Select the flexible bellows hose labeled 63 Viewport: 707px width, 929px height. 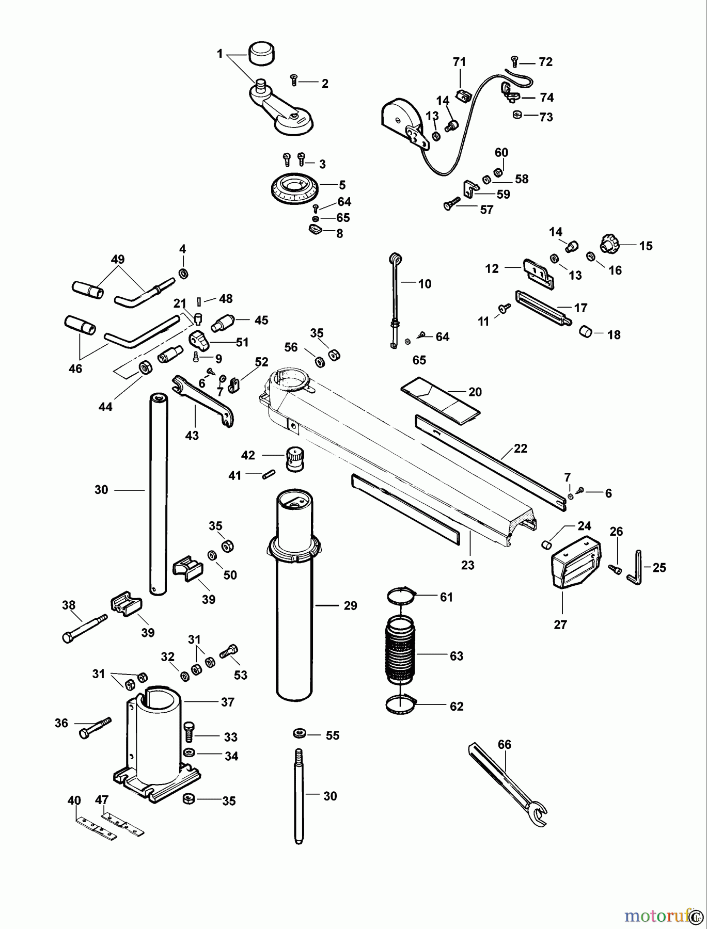(x=400, y=655)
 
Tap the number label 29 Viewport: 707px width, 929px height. (x=350, y=605)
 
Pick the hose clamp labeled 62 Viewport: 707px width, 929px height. (x=401, y=706)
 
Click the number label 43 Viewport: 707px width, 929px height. (x=192, y=436)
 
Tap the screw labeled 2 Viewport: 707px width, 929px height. (x=293, y=79)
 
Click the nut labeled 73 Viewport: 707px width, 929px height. (x=517, y=115)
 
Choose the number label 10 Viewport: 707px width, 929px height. (x=425, y=283)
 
